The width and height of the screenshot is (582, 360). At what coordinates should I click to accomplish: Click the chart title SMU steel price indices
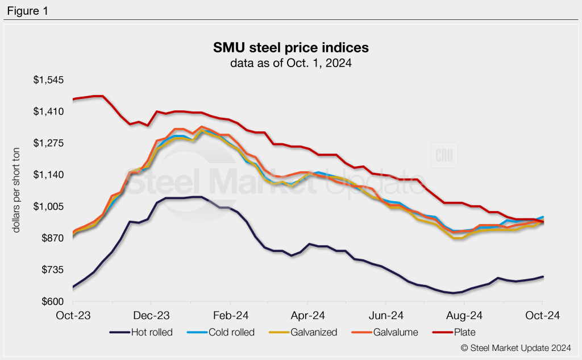pyautogui.click(x=290, y=47)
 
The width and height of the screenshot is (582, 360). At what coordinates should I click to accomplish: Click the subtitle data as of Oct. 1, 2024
pyautogui.click(x=290, y=63)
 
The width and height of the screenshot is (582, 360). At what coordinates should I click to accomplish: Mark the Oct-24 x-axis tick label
pyautogui.click(x=542, y=315)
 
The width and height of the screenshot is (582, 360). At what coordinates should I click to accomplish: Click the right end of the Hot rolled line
pyautogui.click(x=543, y=277)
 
